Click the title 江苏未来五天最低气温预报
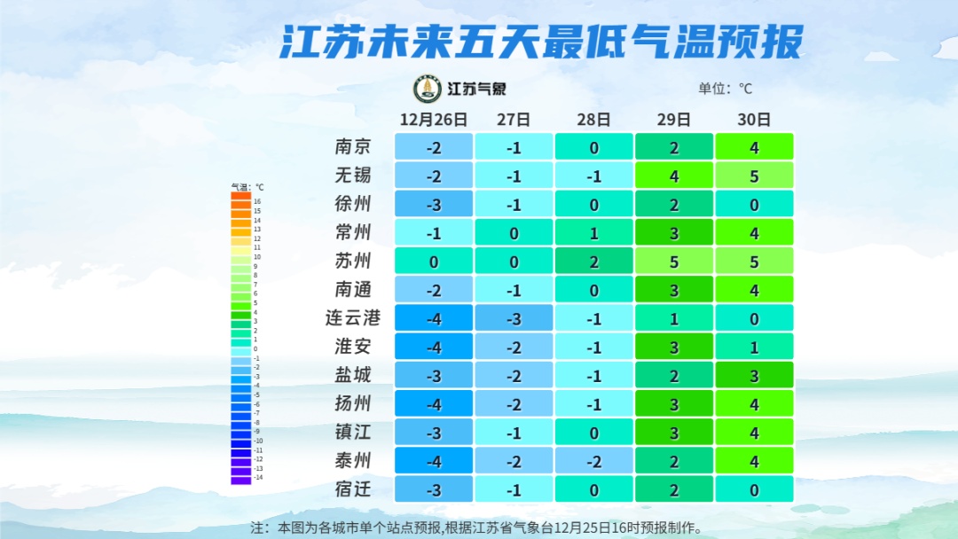coord(541,40)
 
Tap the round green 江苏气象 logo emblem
coord(428,89)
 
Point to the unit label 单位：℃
coord(725,89)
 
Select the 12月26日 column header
coord(433,119)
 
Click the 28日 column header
coord(593,119)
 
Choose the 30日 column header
coord(754,119)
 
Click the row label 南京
coord(353,147)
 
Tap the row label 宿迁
coord(353,488)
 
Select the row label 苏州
coord(353,261)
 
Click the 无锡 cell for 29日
coord(674,176)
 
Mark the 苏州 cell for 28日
coord(593,261)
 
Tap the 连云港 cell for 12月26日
coord(433,317)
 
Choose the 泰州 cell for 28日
coord(593,460)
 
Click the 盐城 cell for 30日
coord(754,375)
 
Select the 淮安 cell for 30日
coord(754,347)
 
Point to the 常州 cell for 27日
coord(514,232)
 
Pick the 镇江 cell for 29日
coord(674,432)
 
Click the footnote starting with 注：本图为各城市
coord(477,527)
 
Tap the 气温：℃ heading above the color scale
coord(247,187)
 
